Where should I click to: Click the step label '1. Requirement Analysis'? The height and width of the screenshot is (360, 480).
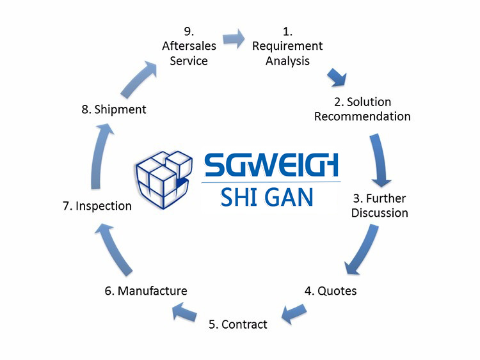[x=287, y=46]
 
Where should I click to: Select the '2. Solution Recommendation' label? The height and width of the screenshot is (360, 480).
[x=362, y=109]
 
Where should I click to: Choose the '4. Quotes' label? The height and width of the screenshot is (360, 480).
[x=330, y=291]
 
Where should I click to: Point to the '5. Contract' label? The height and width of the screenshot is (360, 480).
[x=238, y=324]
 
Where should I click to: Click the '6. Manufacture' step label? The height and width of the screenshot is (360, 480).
[x=146, y=291]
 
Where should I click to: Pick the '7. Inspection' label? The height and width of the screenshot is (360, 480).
[x=97, y=206]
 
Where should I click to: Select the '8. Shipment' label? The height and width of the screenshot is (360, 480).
[x=114, y=109]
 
